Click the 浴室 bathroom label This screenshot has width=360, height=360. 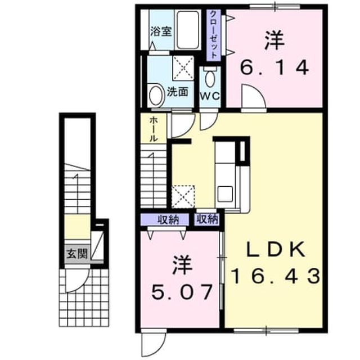click(161, 31)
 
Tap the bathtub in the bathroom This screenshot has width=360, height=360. click(188, 30)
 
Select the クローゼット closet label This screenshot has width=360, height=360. click(213, 34)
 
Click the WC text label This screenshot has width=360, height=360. click(210, 96)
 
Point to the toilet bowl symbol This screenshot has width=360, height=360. click(210, 77)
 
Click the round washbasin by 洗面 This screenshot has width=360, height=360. click(157, 95)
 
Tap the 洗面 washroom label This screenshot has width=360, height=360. click(178, 92)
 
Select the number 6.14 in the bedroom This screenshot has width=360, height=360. click(274, 67)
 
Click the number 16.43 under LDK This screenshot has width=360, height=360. click(276, 276)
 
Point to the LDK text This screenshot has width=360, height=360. click(276, 249)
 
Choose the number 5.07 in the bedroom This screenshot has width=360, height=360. click(181, 292)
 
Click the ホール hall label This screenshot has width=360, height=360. click(154, 129)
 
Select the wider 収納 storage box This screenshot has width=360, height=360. click(165, 220)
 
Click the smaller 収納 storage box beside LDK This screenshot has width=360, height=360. click(207, 219)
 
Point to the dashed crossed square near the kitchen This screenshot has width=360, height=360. click(183, 196)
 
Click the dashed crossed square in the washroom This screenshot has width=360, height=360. click(183, 67)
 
